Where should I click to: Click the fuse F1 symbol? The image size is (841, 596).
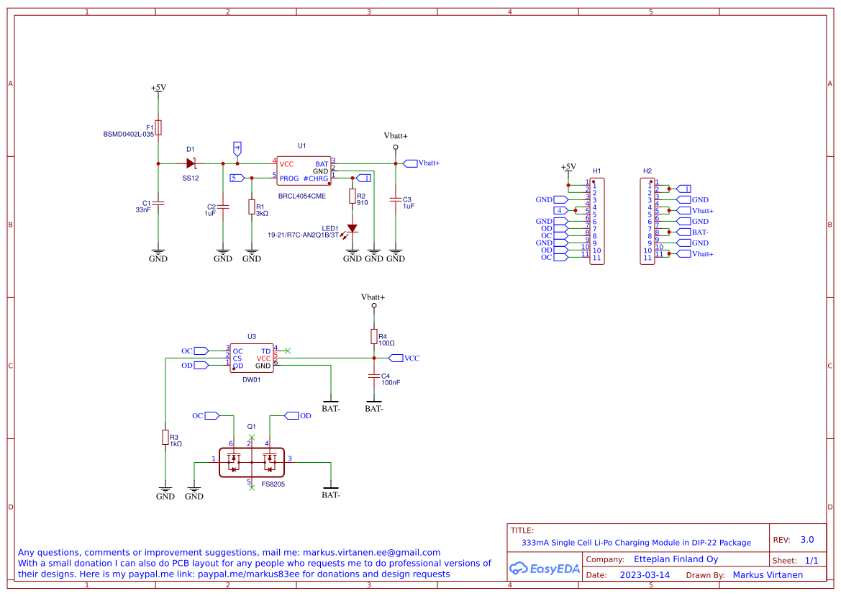point(158,127)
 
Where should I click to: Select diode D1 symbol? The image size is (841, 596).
point(191,163)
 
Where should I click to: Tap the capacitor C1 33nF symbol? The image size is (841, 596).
point(158,204)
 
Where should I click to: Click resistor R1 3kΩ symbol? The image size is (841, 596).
point(252,207)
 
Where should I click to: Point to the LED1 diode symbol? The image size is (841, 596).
point(352,228)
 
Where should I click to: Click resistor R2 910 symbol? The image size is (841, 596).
point(353,196)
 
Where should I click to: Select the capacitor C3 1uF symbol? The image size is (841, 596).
point(396,199)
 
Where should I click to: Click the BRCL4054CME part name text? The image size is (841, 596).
point(301,196)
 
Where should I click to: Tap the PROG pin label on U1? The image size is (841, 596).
point(289,179)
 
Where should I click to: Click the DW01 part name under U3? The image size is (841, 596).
point(252,379)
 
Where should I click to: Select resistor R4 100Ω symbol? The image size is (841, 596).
point(374,336)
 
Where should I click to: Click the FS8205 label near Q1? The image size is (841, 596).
point(273,484)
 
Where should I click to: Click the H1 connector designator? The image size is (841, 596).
point(597,171)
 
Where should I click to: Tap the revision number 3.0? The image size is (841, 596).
point(807,539)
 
